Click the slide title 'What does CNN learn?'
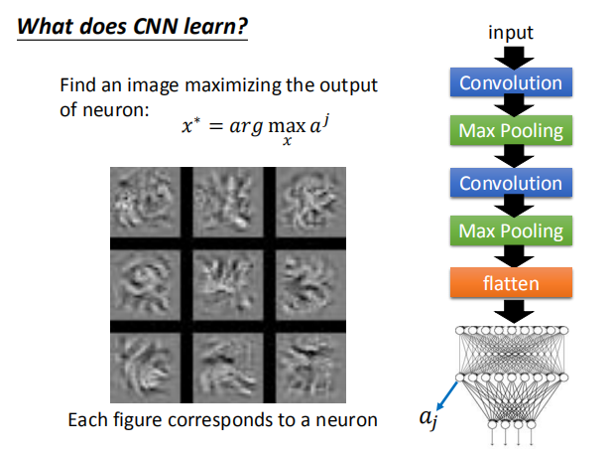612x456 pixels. point(132,26)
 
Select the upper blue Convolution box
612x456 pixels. point(510,82)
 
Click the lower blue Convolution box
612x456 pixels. point(510,183)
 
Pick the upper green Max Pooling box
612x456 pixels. point(510,131)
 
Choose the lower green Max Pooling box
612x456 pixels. point(510,232)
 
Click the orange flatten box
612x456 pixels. point(510,283)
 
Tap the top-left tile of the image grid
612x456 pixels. point(144,203)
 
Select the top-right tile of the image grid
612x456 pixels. point(309,203)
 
